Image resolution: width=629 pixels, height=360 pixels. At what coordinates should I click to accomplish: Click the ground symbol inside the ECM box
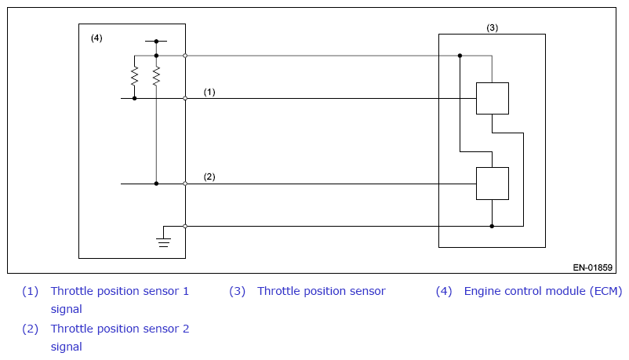click(x=163, y=242)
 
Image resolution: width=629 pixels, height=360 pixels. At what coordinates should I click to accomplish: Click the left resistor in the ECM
click(x=134, y=76)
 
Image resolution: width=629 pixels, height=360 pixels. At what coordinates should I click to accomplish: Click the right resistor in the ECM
click(x=156, y=76)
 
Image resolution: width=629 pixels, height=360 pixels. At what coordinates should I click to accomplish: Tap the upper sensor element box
click(x=493, y=98)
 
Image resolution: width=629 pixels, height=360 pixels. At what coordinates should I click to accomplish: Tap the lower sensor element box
click(x=493, y=184)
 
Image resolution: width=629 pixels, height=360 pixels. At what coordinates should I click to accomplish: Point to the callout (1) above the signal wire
click(x=209, y=92)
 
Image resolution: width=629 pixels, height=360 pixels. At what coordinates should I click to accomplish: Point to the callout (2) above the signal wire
click(x=209, y=176)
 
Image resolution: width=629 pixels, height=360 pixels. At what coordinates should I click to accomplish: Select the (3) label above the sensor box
click(x=493, y=27)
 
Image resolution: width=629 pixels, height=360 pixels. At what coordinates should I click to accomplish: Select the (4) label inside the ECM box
click(x=96, y=38)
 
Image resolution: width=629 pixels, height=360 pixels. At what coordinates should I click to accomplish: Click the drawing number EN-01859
click(x=592, y=267)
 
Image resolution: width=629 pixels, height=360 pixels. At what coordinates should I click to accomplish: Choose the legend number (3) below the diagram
click(x=237, y=291)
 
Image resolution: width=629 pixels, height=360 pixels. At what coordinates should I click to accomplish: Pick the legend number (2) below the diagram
click(x=30, y=329)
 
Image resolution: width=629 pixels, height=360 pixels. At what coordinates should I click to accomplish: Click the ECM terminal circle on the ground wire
click(x=185, y=227)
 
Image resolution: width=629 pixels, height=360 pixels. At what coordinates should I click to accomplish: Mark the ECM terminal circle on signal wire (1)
click(x=185, y=98)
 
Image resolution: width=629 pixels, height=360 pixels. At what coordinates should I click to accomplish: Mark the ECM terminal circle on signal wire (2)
click(x=185, y=184)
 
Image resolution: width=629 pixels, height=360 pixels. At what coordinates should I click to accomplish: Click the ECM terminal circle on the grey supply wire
click(x=185, y=56)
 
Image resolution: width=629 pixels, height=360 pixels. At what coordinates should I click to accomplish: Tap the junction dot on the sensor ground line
click(x=492, y=227)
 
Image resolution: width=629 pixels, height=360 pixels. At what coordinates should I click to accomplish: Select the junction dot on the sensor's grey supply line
click(x=460, y=56)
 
